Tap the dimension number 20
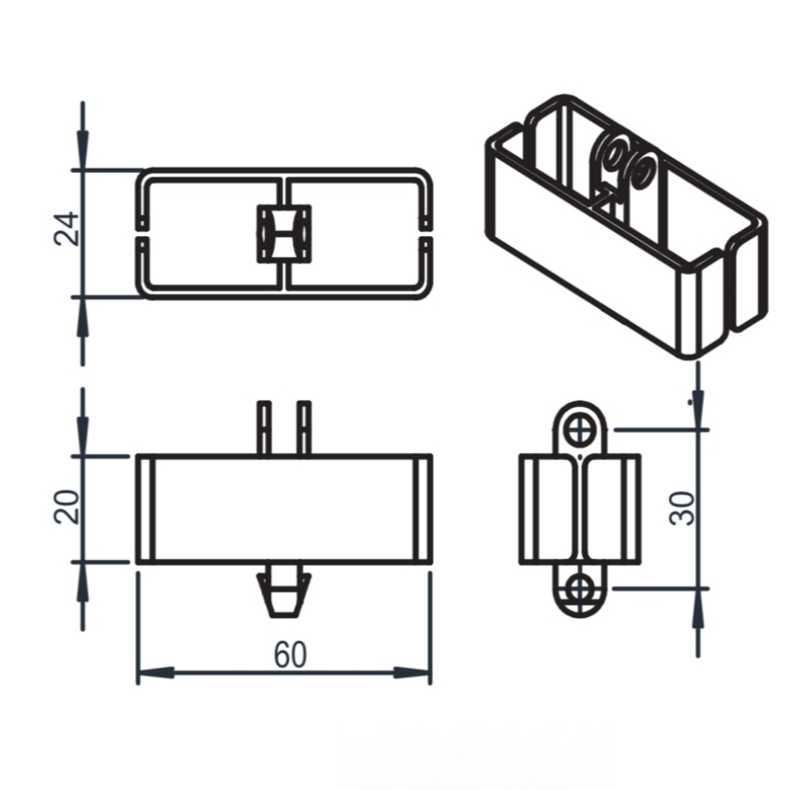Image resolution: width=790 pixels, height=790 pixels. point(68,506)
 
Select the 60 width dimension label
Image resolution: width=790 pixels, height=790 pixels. point(290,655)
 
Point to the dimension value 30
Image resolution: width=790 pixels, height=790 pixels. point(683,508)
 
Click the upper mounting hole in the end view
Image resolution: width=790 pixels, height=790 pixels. point(579,429)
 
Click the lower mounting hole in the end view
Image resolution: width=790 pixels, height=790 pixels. point(579,588)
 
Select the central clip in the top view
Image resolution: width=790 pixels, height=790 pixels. point(284,233)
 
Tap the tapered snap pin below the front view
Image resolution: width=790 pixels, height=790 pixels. point(283,593)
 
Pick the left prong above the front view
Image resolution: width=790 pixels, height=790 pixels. point(264,427)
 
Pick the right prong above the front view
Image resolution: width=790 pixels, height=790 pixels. point(304,427)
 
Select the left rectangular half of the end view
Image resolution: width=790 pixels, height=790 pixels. point(549,509)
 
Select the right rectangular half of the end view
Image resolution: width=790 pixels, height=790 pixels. point(611,509)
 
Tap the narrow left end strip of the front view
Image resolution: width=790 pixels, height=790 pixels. point(146,509)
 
